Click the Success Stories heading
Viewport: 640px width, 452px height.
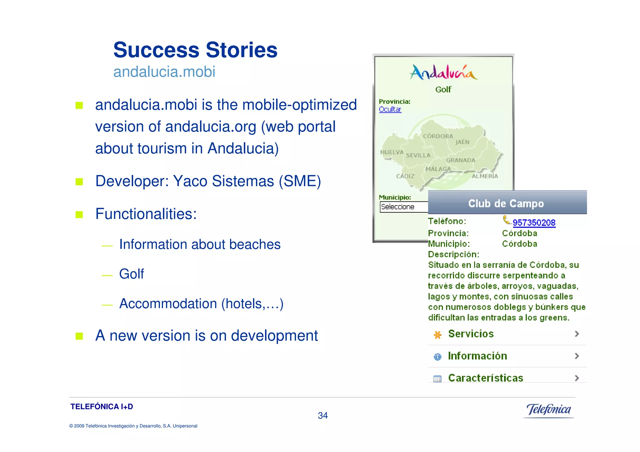pos(195,50)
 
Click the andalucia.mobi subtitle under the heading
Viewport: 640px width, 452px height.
pos(164,72)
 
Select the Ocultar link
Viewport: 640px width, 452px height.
pos(390,109)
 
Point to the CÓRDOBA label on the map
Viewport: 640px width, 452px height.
pos(438,136)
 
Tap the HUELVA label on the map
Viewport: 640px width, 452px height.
pos(392,152)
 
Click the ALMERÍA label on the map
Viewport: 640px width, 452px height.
pos(485,176)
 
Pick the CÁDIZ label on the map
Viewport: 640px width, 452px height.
pos(405,176)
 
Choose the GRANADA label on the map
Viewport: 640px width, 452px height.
pos(461,160)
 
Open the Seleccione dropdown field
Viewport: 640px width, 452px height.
pos(403,207)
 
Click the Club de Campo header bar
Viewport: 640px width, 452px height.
pos(507,203)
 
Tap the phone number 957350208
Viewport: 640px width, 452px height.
pos(534,223)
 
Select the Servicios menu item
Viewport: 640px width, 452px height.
pos(471,334)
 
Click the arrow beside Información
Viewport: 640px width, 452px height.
pos(577,356)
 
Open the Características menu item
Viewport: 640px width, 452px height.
pos(485,378)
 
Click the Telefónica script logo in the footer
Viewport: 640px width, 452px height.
pos(548,410)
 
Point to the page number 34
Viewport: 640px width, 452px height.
pos(322,415)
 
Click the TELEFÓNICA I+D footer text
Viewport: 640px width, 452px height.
pos(102,406)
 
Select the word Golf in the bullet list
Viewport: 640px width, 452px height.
pos(132,274)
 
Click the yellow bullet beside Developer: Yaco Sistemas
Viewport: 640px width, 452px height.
pos(79,182)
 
